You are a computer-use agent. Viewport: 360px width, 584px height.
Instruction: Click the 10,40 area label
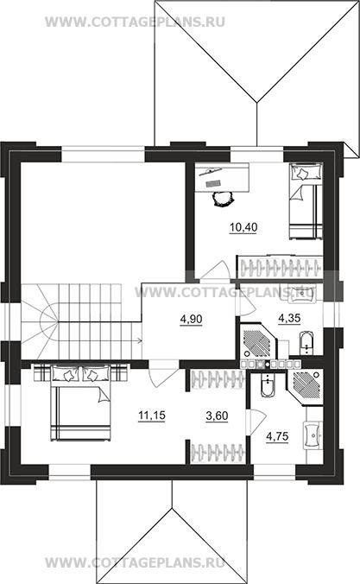coord(243,227)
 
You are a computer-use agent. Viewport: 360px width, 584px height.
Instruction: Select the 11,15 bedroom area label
coord(152,416)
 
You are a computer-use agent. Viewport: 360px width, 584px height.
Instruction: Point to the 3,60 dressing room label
coord(217,416)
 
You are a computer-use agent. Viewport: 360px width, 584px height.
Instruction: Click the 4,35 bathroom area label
coord(289,319)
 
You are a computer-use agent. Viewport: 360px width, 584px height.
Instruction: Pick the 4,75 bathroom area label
coord(277,436)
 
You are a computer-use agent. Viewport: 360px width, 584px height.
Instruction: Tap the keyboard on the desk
coord(214,183)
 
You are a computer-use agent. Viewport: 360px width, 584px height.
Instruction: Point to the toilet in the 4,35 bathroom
coord(306,342)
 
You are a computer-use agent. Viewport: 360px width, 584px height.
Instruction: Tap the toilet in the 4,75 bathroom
coord(268,385)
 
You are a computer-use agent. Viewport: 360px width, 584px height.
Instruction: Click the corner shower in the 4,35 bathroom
coord(258,341)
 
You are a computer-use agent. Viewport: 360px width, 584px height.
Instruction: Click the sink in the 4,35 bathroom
coord(302,293)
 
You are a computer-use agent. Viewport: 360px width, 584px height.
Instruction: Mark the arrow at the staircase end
coord(138,340)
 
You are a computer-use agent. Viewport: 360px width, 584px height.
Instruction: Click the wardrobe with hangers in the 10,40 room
coord(279,267)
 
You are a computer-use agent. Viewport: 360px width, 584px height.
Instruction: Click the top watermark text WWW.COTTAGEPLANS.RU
coord(135,22)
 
